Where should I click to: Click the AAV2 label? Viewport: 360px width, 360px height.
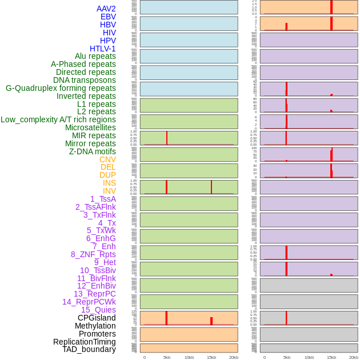106,9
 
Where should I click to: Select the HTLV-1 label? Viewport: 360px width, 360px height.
103,49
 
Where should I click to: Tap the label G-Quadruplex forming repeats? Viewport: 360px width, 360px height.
61,88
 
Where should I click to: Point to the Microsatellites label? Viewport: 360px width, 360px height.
90,127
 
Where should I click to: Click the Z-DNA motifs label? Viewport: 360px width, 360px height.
93,151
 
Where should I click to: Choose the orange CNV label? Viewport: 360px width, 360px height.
107,159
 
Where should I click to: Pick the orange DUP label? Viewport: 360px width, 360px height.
107,175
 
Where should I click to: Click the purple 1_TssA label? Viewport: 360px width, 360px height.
103,199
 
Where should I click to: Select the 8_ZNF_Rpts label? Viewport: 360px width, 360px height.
93,254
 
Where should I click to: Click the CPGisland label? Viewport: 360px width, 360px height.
97,318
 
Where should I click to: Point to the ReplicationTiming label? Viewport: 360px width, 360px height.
84,342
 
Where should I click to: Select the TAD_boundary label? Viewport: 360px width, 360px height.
89,349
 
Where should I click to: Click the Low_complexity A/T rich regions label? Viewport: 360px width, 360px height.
58,119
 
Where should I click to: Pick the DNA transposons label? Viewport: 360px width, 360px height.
85,80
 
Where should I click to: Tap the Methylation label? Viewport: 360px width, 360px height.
95,326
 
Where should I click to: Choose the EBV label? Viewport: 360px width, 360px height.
108,17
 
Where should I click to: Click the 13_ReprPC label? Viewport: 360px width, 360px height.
94,294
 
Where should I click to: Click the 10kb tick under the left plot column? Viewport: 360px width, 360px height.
189,357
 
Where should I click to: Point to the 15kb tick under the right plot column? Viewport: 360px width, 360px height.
331,357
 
